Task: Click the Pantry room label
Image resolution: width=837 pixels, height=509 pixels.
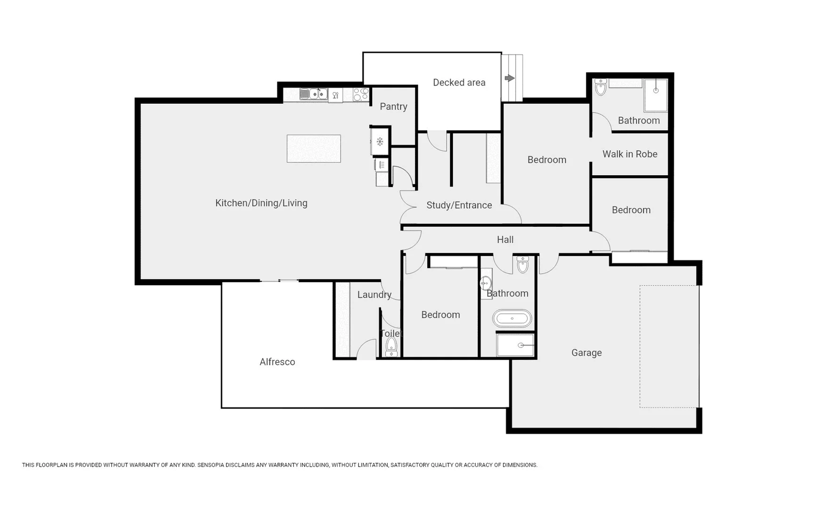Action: click(393, 107)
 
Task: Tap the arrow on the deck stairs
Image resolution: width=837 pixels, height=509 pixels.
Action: click(510, 78)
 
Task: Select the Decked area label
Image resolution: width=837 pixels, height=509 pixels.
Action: click(459, 82)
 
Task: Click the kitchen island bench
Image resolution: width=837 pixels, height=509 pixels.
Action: click(314, 148)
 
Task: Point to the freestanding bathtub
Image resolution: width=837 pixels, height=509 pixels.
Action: click(512, 319)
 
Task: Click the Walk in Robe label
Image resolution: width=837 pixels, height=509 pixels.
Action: click(630, 154)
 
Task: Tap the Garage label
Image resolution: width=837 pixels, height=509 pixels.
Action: click(586, 353)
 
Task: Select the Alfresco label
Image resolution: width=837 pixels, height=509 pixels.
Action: click(277, 362)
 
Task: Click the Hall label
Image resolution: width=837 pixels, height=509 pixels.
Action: click(505, 239)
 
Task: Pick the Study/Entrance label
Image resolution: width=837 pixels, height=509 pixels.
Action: click(459, 205)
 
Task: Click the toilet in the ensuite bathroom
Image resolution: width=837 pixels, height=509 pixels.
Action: click(601, 87)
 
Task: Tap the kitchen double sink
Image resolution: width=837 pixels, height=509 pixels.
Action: click(314, 94)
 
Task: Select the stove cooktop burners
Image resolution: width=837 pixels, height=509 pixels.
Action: click(361, 94)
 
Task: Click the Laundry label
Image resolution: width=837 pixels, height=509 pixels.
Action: click(374, 295)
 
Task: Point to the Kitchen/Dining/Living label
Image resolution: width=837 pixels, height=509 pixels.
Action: click(261, 203)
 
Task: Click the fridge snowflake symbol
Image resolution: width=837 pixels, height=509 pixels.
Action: click(380, 141)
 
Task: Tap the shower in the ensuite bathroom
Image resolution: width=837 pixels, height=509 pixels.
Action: click(656, 95)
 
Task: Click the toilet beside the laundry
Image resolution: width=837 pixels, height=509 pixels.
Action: click(391, 347)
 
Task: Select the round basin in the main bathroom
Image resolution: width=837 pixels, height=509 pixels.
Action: click(486, 283)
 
